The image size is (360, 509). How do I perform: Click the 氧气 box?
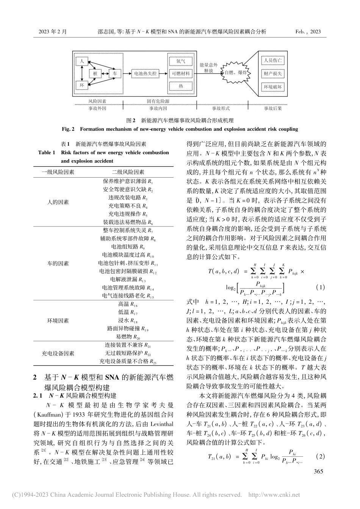(x=180, y=61)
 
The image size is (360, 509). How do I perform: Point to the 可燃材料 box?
(x=180, y=73)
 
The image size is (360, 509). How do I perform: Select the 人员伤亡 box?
(x=273, y=61)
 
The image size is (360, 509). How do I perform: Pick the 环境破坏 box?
(x=273, y=87)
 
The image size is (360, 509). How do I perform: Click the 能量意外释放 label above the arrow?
(x=208, y=68)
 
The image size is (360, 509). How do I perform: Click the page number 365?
(x=319, y=471)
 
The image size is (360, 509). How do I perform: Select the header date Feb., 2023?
(x=308, y=32)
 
